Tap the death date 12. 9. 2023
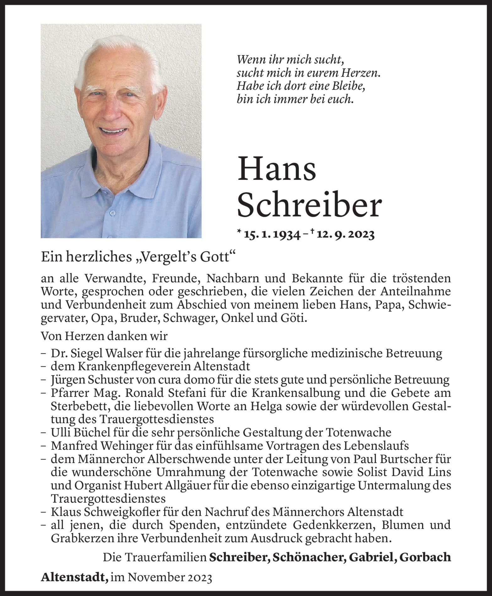347,235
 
